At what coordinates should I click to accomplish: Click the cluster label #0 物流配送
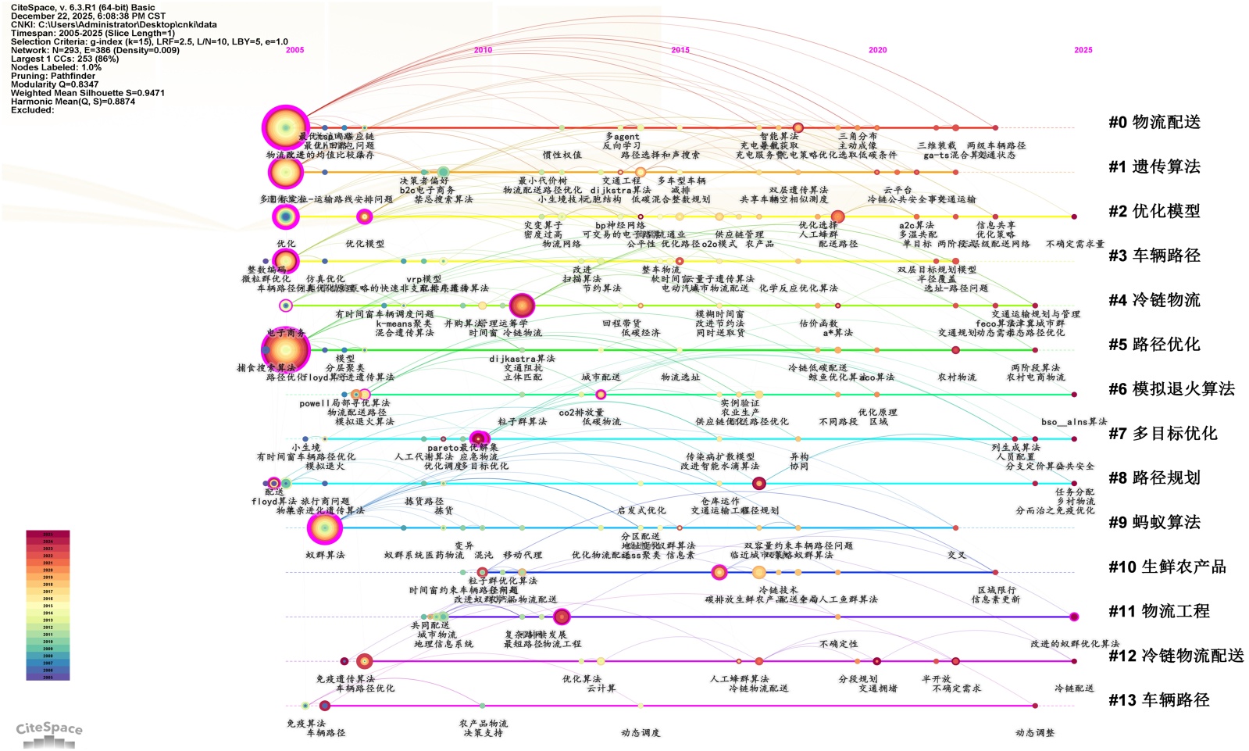(x=1154, y=122)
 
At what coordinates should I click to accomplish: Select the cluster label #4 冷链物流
(x=1154, y=300)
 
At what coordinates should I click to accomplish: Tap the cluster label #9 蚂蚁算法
(x=1154, y=522)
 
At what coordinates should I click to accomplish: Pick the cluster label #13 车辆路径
(x=1158, y=700)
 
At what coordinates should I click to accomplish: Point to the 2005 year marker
(x=294, y=50)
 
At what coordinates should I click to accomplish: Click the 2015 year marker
(x=680, y=50)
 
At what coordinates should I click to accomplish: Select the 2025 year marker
(x=1083, y=50)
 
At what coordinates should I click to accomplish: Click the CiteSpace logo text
(x=48, y=728)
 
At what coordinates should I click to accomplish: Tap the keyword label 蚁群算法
(x=325, y=555)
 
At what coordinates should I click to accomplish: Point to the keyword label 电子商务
(x=286, y=333)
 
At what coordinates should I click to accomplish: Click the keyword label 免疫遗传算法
(x=345, y=679)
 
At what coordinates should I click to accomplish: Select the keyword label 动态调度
(x=641, y=733)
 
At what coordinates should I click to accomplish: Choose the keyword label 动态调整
(x=1034, y=733)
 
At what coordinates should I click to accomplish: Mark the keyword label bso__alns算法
(x=1073, y=422)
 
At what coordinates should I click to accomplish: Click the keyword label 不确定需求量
(x=1075, y=244)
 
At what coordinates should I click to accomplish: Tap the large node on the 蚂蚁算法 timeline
(x=324, y=528)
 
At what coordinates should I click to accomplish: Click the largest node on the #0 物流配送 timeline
(x=285, y=127)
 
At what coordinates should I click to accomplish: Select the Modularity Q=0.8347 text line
(x=55, y=84)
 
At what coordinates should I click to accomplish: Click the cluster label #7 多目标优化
(x=1162, y=434)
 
